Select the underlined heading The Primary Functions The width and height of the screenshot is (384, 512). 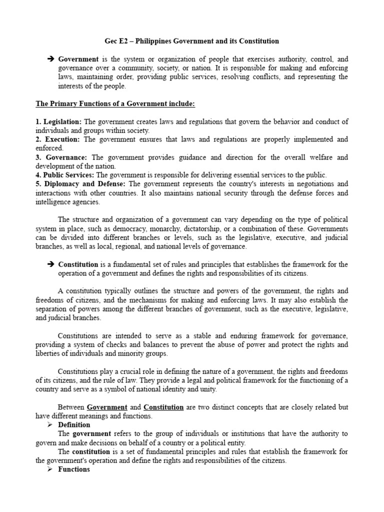[x=115, y=103]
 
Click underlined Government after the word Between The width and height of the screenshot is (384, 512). [x=107, y=407]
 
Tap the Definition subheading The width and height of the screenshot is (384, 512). [x=74, y=425]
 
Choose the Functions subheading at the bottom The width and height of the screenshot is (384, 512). [x=74, y=469]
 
